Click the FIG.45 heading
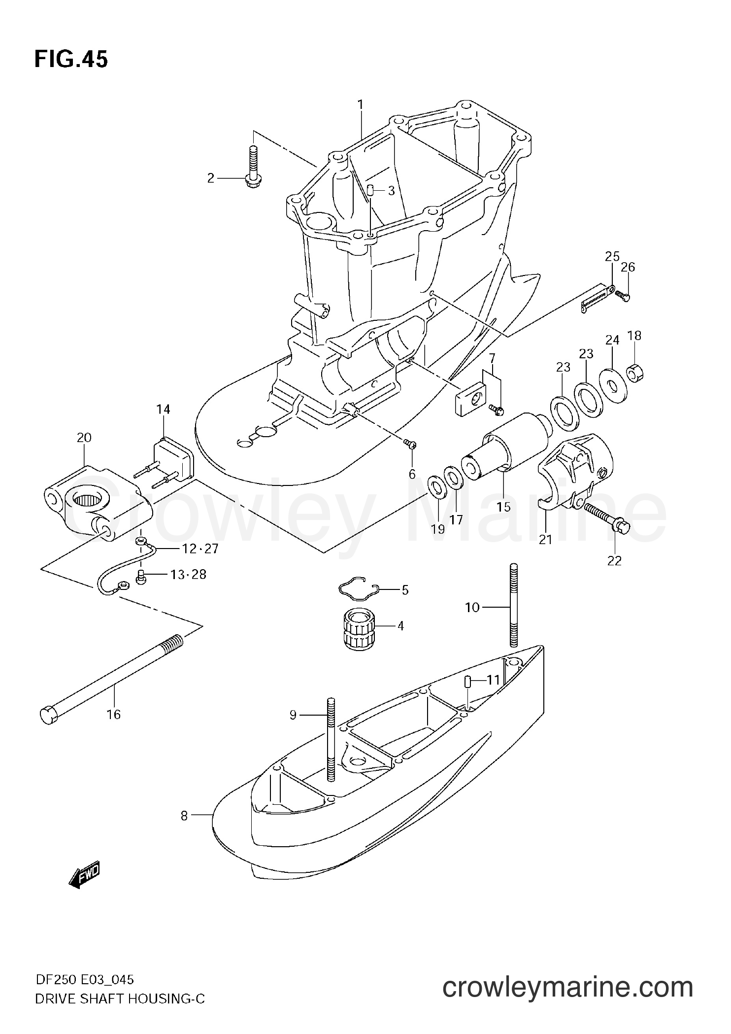71,60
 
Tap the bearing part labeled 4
360,628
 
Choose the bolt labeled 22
604,516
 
